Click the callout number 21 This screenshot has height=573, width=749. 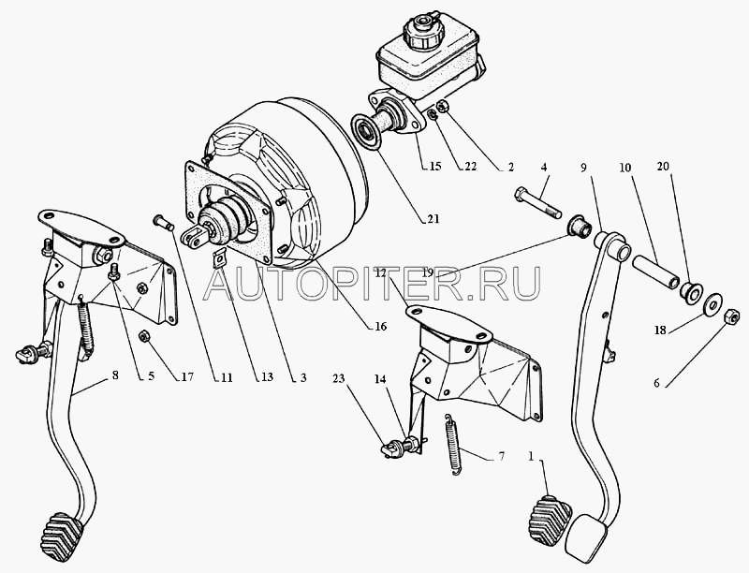click(x=433, y=219)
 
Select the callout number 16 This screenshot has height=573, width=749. click(x=380, y=327)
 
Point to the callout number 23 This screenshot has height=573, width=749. click(x=338, y=378)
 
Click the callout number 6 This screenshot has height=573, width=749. click(x=657, y=384)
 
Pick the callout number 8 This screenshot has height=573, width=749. click(x=114, y=375)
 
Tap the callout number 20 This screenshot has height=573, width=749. click(x=663, y=166)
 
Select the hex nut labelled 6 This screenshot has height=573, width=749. click(x=732, y=316)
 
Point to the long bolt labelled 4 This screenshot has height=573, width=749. click(x=537, y=203)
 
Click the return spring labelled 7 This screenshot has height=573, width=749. click(x=453, y=445)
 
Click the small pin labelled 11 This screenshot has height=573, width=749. click(x=163, y=223)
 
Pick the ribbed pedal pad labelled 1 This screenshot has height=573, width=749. click(x=550, y=521)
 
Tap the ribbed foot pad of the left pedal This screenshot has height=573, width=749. click(x=62, y=536)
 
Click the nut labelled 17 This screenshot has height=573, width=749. click(x=143, y=337)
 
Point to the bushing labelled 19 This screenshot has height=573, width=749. click(x=580, y=226)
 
